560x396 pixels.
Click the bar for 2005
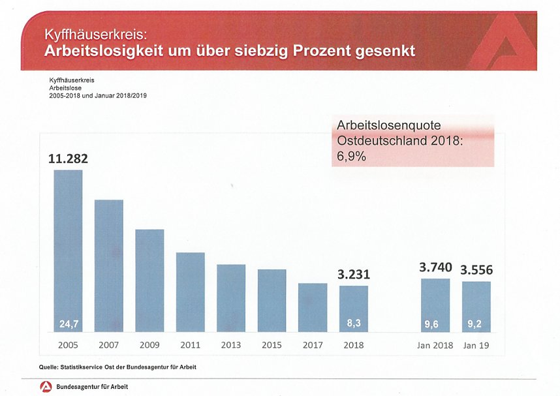(68, 251)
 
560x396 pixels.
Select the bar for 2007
(109, 266)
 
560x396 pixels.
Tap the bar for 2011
(191, 292)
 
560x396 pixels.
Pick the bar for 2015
(272, 301)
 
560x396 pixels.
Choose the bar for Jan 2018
(435, 305)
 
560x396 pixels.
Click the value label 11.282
(68, 159)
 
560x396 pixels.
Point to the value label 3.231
(354, 275)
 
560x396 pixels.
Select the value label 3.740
(435, 267)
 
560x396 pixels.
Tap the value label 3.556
(476, 269)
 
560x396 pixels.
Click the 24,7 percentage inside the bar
(68, 323)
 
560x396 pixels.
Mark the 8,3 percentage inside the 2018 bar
(354, 323)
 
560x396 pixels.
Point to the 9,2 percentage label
(476, 323)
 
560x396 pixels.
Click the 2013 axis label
(230, 344)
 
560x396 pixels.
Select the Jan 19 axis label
(476, 344)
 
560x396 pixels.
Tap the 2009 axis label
(149, 344)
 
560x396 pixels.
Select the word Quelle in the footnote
(51, 367)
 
